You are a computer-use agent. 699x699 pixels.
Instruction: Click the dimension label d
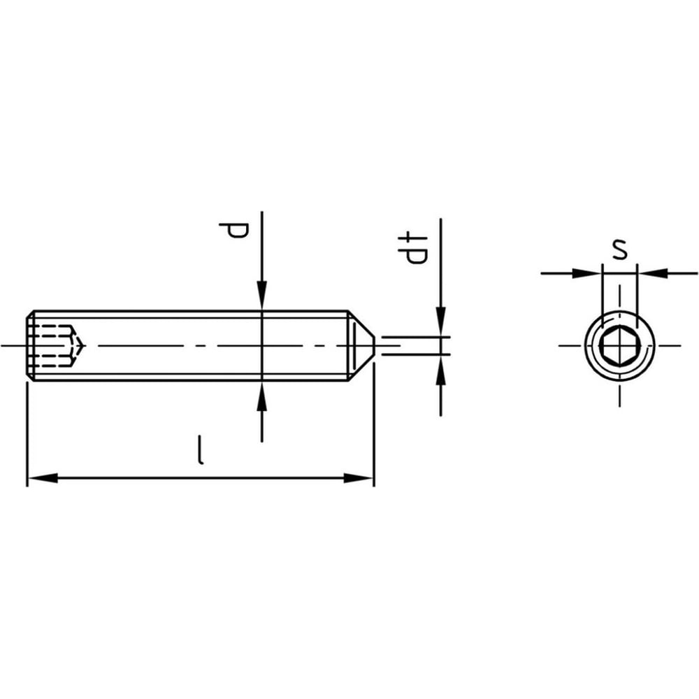click(233, 231)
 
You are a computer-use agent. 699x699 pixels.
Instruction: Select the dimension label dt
click(413, 249)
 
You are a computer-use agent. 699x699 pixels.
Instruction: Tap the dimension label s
click(619, 250)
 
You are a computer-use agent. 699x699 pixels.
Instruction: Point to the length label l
click(201, 450)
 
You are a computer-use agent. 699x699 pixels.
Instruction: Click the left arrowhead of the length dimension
click(43, 478)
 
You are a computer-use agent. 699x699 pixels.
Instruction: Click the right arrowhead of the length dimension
click(359, 478)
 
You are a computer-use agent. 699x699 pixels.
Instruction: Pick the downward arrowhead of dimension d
click(262, 296)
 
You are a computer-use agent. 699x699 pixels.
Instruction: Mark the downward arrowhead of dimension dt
click(441, 322)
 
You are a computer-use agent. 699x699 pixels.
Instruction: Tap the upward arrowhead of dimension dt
click(441, 370)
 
